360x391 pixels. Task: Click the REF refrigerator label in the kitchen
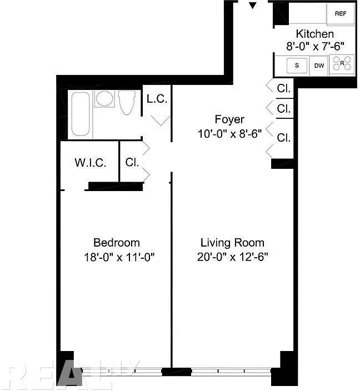341,13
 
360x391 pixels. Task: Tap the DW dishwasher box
319,66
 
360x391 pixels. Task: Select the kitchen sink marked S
297,66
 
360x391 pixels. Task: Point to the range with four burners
342,64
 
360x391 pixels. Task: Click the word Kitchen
315,34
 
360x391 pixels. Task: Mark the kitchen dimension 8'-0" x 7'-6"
316,47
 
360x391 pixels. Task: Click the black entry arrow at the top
253,6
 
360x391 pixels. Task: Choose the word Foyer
229,120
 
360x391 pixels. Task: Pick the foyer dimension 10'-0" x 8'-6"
229,134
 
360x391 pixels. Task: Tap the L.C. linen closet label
157,99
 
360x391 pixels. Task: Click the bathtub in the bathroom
81,114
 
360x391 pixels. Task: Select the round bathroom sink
104,98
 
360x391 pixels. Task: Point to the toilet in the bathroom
127,102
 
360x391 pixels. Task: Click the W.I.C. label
91,163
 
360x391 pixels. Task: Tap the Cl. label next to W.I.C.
132,162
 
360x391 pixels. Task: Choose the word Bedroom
117,243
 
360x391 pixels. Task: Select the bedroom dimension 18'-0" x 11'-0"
119,257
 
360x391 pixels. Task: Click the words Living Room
232,243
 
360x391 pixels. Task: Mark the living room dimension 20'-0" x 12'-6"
232,257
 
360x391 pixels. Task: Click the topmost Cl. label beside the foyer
284,88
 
